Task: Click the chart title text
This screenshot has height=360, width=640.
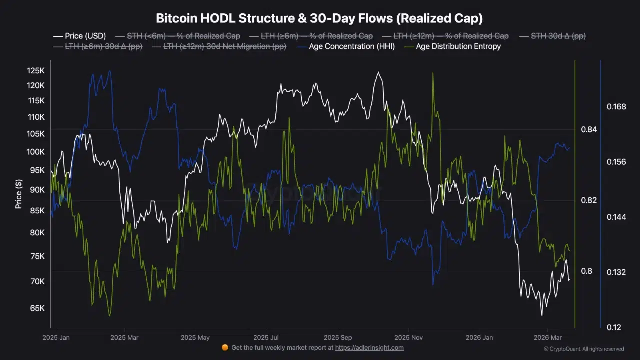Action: (319, 19)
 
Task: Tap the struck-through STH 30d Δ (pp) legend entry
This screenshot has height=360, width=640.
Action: (558, 36)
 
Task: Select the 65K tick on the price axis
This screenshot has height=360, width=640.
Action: (37, 308)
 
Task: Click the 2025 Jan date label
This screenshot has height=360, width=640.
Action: (56, 337)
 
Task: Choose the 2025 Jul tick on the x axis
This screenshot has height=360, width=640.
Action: (266, 337)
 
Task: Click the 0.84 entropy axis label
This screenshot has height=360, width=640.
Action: (589, 130)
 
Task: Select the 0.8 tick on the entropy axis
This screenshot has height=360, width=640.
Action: (587, 271)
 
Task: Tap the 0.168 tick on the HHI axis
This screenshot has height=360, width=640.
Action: (616, 107)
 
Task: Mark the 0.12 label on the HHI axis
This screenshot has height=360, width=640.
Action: (614, 327)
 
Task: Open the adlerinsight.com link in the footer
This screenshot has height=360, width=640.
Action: (369, 348)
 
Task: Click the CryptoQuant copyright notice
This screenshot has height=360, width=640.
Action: (583, 349)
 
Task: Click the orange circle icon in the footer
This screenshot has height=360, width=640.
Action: (225, 348)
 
